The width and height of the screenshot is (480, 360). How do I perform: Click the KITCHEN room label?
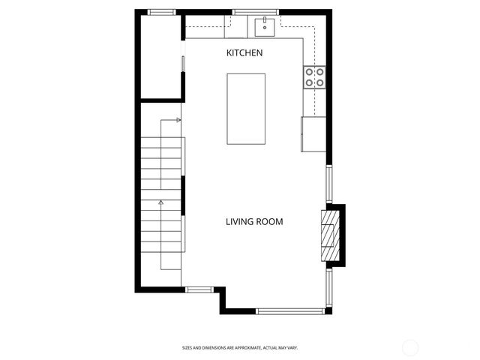click(244, 53)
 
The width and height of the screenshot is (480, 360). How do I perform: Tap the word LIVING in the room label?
click(241, 221)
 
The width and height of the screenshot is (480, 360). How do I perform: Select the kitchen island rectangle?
click(246, 109)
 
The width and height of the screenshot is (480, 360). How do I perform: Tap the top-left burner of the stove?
click(309, 71)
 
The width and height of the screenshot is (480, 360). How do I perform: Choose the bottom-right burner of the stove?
click(320, 82)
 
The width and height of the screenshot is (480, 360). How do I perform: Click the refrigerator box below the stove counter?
click(313, 134)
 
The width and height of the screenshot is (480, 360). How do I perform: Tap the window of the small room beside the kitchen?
click(161, 12)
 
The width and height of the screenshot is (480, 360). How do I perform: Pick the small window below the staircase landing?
click(199, 289)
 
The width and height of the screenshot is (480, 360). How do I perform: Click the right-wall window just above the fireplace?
click(328, 183)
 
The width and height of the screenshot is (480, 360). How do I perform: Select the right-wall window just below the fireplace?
click(328, 289)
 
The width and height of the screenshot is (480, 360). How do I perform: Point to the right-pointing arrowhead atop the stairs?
click(178, 119)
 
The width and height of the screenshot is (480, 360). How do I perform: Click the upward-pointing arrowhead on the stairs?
click(161, 202)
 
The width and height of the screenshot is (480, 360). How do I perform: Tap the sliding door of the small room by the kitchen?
click(183, 64)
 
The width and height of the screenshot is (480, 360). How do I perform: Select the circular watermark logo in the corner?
click(410, 347)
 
